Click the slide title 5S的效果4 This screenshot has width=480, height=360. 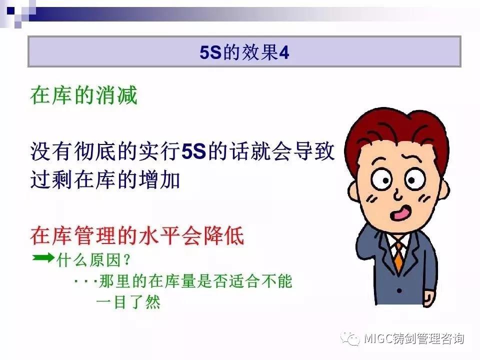[244, 52]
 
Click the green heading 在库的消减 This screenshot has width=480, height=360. [84, 95]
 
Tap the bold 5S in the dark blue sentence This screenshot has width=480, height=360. [193, 151]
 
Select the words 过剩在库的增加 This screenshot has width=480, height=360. [105, 179]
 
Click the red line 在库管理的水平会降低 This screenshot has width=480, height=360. [137, 235]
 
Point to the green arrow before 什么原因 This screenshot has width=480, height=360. [43, 257]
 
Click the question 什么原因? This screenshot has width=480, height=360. [93, 260]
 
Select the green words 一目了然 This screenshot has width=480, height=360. [128, 302]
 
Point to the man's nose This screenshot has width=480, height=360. [397, 195]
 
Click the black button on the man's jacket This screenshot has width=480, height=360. [399, 290]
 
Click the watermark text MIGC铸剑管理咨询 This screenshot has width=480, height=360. [413, 338]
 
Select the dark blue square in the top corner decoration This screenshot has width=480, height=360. [10, 10]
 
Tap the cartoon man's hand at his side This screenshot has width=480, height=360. [429, 298]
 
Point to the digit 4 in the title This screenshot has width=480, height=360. [284, 52]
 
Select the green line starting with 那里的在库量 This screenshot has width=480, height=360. [183, 280]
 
